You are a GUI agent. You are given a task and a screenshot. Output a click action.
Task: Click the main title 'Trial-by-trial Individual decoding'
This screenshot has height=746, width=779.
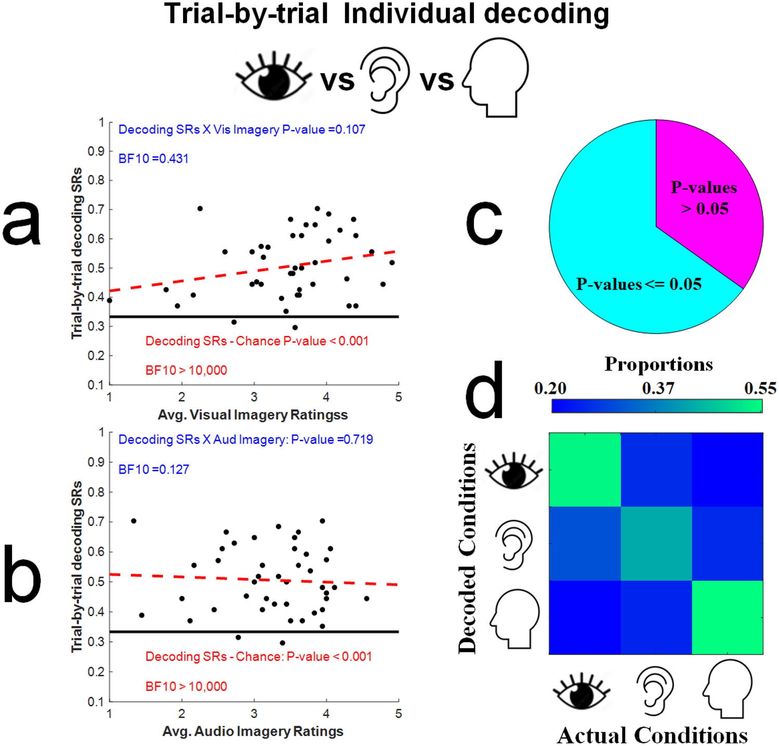386,15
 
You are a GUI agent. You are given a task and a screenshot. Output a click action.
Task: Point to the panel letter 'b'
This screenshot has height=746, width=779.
22,574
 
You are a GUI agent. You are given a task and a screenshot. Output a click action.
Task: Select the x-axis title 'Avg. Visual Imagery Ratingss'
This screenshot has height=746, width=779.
253,415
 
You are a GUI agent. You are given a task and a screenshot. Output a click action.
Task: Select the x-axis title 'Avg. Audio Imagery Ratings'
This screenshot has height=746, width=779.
253,731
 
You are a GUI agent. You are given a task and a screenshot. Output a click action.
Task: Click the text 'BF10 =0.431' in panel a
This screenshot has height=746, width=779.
153,159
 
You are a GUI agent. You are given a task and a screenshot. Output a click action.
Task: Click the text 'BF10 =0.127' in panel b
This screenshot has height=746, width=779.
153,470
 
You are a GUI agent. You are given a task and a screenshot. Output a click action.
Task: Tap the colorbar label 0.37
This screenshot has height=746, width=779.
657,389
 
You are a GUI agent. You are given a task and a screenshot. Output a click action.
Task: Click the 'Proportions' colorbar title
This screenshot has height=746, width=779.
658,364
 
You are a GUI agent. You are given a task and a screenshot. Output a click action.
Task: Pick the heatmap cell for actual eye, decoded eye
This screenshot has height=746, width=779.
585,469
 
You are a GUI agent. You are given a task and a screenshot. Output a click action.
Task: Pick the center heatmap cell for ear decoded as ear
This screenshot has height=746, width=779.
656,543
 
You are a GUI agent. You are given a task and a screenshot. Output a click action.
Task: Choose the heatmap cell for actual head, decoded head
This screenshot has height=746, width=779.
727,617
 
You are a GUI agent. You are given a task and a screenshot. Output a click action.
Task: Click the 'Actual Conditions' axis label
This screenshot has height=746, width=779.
652,735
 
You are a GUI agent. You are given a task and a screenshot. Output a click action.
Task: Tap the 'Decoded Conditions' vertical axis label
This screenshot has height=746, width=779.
467,548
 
